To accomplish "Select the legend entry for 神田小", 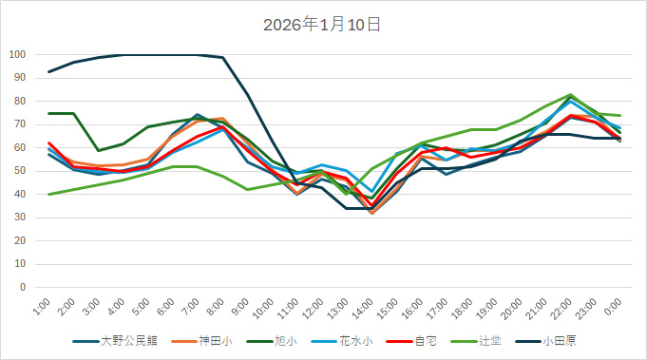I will (x=215, y=340).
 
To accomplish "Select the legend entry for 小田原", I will (x=567, y=340).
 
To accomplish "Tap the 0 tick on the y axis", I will (x=22, y=287).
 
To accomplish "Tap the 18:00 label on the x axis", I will (x=464, y=307).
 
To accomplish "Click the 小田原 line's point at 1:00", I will (x=49, y=71).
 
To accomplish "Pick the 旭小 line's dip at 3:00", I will (x=99, y=150).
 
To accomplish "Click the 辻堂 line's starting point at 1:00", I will (x=49, y=194).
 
